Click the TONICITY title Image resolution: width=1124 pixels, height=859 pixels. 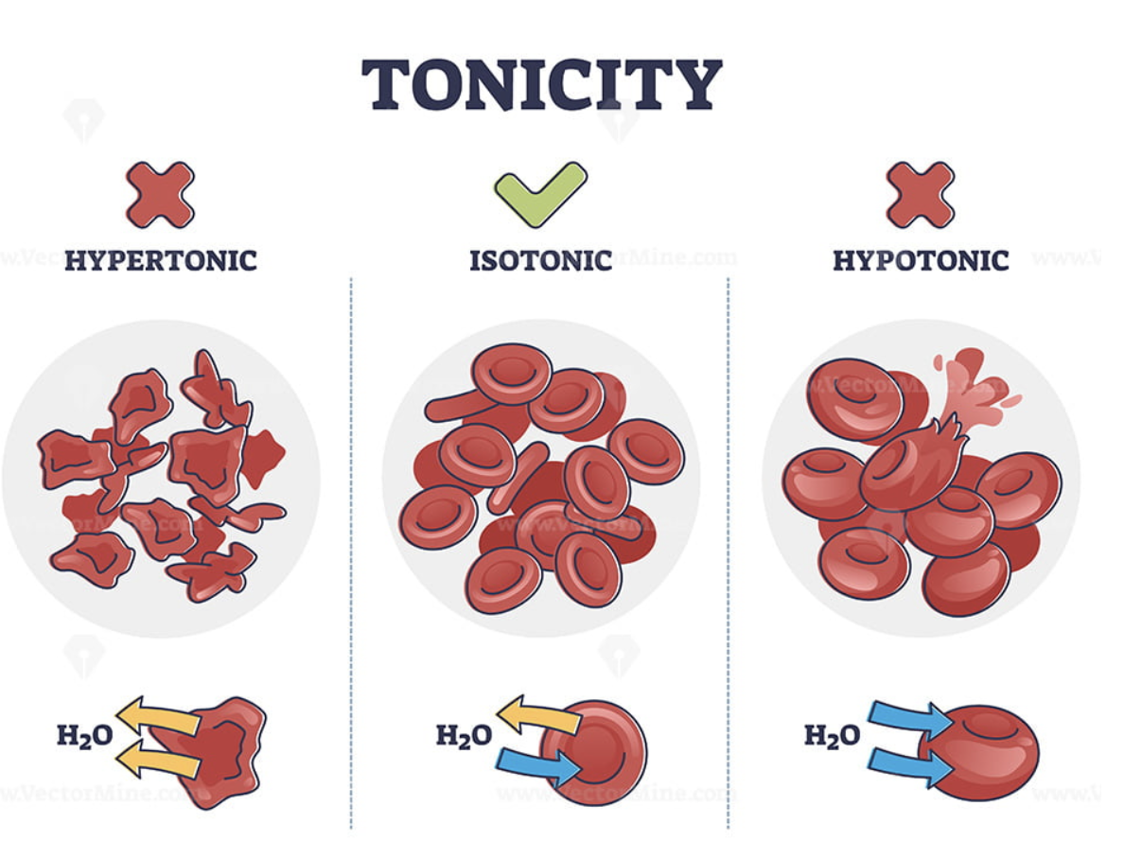coord(541,84)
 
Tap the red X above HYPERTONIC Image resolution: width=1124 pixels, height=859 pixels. coord(161,195)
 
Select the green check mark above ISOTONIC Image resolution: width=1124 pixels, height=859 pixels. coord(540,192)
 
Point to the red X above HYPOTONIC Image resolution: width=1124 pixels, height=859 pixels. coord(921,195)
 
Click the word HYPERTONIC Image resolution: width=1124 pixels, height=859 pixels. coord(161,260)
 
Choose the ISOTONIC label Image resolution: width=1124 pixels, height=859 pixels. coord(540,260)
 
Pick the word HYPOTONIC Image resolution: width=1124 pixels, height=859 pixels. coord(921,260)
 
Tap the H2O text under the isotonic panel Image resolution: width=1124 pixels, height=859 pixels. coord(464,734)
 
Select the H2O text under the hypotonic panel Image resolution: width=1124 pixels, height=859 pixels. coord(832,734)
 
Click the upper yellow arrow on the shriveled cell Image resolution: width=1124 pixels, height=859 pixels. coord(157,716)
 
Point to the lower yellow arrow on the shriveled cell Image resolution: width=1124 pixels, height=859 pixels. coord(157,756)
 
